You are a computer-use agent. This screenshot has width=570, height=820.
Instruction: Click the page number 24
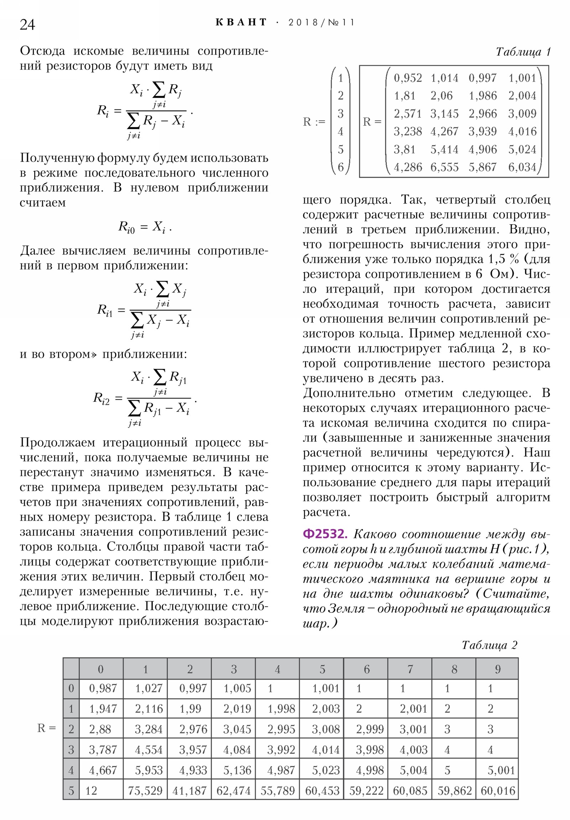(27, 24)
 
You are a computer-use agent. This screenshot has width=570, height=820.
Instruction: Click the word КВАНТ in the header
(241, 22)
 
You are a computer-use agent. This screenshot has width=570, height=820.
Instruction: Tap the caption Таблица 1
(523, 52)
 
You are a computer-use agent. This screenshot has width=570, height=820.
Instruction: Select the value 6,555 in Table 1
(444, 167)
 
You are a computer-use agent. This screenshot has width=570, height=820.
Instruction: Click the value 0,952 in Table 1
(408, 78)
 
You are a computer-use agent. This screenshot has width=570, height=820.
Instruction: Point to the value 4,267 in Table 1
(444, 131)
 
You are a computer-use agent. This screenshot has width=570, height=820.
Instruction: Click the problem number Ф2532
(324, 534)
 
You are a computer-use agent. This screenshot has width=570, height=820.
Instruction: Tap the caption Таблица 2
(489, 645)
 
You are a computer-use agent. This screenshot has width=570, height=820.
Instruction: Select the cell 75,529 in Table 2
(145, 791)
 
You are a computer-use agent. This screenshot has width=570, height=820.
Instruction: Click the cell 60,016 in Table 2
(498, 791)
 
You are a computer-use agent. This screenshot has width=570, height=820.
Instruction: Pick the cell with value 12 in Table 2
(91, 791)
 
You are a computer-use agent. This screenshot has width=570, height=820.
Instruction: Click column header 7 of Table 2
(410, 669)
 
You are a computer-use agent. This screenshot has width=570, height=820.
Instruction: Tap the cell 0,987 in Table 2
(103, 688)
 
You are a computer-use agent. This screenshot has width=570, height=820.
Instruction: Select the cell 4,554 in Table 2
(149, 750)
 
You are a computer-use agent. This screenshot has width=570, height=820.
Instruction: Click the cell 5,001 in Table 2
(501, 770)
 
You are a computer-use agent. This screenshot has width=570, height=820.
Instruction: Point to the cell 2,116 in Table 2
(149, 709)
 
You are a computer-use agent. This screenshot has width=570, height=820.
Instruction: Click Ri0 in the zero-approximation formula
(126, 227)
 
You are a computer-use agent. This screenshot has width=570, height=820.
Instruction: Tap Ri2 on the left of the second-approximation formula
(102, 398)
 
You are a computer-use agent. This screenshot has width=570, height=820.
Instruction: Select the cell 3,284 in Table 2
(149, 729)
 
